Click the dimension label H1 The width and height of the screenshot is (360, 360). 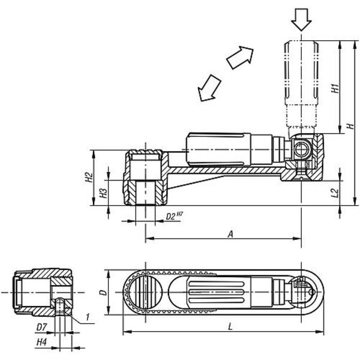tap(335, 88)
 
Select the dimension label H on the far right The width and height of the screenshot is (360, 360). tap(350, 126)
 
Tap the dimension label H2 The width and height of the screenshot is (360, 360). tap(89, 177)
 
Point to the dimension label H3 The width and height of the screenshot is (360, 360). tap(103, 193)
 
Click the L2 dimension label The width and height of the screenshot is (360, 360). tap(335, 193)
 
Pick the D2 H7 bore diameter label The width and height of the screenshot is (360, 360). tap(174, 216)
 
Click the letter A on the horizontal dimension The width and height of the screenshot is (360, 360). tap(230, 234)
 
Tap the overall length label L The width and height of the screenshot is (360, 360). tap(230, 327)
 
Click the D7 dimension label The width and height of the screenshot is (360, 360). tap(42, 327)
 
